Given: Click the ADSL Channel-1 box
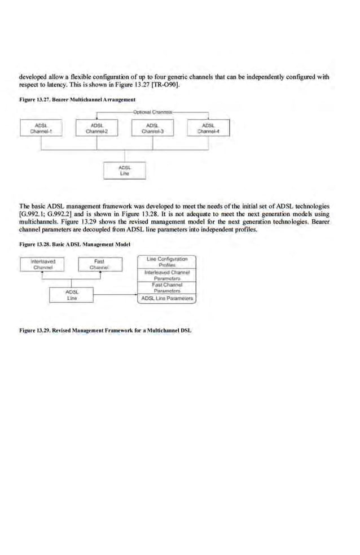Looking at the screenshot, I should [40, 128].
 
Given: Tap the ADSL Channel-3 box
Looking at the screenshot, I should [152, 128].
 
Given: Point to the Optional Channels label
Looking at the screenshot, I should [153, 112].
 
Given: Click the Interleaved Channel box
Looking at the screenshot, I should [43, 264].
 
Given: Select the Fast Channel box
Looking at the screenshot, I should [99, 264].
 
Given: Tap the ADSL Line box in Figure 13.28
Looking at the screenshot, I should [72, 295].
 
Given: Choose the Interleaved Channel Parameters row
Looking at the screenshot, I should [167, 275].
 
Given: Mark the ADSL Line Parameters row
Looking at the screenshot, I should [167, 298].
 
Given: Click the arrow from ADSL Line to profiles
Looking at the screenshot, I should [115, 295].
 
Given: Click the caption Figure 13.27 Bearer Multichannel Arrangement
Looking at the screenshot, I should [77, 100].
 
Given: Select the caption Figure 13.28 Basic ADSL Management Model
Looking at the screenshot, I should [74, 244].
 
